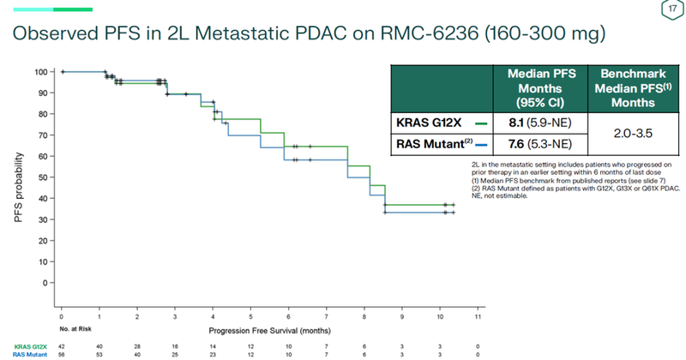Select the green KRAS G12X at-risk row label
27,345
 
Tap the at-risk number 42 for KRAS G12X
63,345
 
